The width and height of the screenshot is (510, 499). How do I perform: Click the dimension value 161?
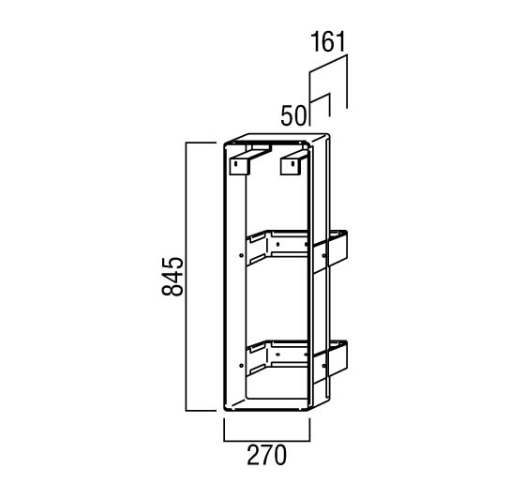click(327, 42)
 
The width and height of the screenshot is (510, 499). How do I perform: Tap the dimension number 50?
click(293, 116)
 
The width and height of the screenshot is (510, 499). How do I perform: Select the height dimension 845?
click(172, 277)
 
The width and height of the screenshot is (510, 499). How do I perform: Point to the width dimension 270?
click(266, 455)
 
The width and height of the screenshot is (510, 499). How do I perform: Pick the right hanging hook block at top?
click(292, 163)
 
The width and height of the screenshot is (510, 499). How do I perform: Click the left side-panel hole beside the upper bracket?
click(241, 255)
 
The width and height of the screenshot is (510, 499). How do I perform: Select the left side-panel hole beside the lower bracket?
click(241, 366)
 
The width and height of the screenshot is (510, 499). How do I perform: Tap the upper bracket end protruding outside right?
click(338, 249)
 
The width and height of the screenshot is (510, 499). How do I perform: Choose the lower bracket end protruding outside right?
click(338, 358)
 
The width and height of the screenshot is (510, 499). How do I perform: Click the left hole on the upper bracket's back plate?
click(277, 244)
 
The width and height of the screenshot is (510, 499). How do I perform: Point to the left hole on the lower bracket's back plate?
click(277, 355)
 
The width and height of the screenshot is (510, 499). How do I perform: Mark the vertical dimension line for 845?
click(186, 277)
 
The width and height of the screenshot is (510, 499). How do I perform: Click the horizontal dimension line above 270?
click(266, 441)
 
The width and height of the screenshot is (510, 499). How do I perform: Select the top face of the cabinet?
click(277, 138)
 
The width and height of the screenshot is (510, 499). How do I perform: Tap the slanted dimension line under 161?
click(328, 64)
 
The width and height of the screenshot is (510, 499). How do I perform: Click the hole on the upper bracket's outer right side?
click(324, 256)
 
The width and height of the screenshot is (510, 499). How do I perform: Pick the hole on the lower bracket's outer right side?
click(324, 366)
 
